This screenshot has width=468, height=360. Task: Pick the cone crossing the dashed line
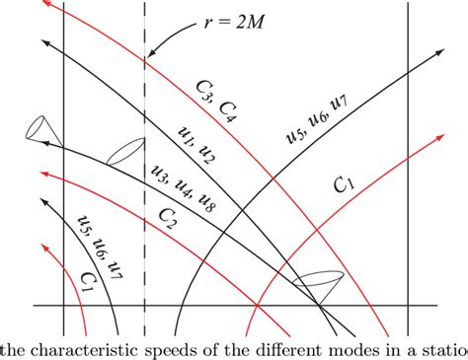click(x=124, y=152)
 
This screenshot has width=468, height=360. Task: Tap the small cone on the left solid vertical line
click(x=39, y=128)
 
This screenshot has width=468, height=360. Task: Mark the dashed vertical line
click(x=145, y=197)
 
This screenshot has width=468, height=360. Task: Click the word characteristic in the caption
click(x=80, y=348)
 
